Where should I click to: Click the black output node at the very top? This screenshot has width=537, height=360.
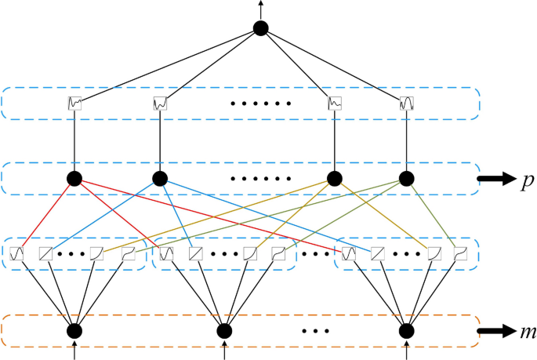261,29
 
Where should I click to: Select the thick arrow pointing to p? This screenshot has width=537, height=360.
493,179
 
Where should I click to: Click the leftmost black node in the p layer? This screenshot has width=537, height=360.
75,178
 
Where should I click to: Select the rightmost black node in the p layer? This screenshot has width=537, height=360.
407,178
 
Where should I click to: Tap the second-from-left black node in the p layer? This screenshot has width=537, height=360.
160,178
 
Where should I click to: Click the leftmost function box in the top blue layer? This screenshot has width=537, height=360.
75,103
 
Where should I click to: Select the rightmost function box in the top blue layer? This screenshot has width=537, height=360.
407,103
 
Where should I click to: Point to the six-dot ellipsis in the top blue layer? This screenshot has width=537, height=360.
262,104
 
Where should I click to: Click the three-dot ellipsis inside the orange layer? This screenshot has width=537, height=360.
314,331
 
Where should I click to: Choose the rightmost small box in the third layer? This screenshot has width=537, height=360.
462,253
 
